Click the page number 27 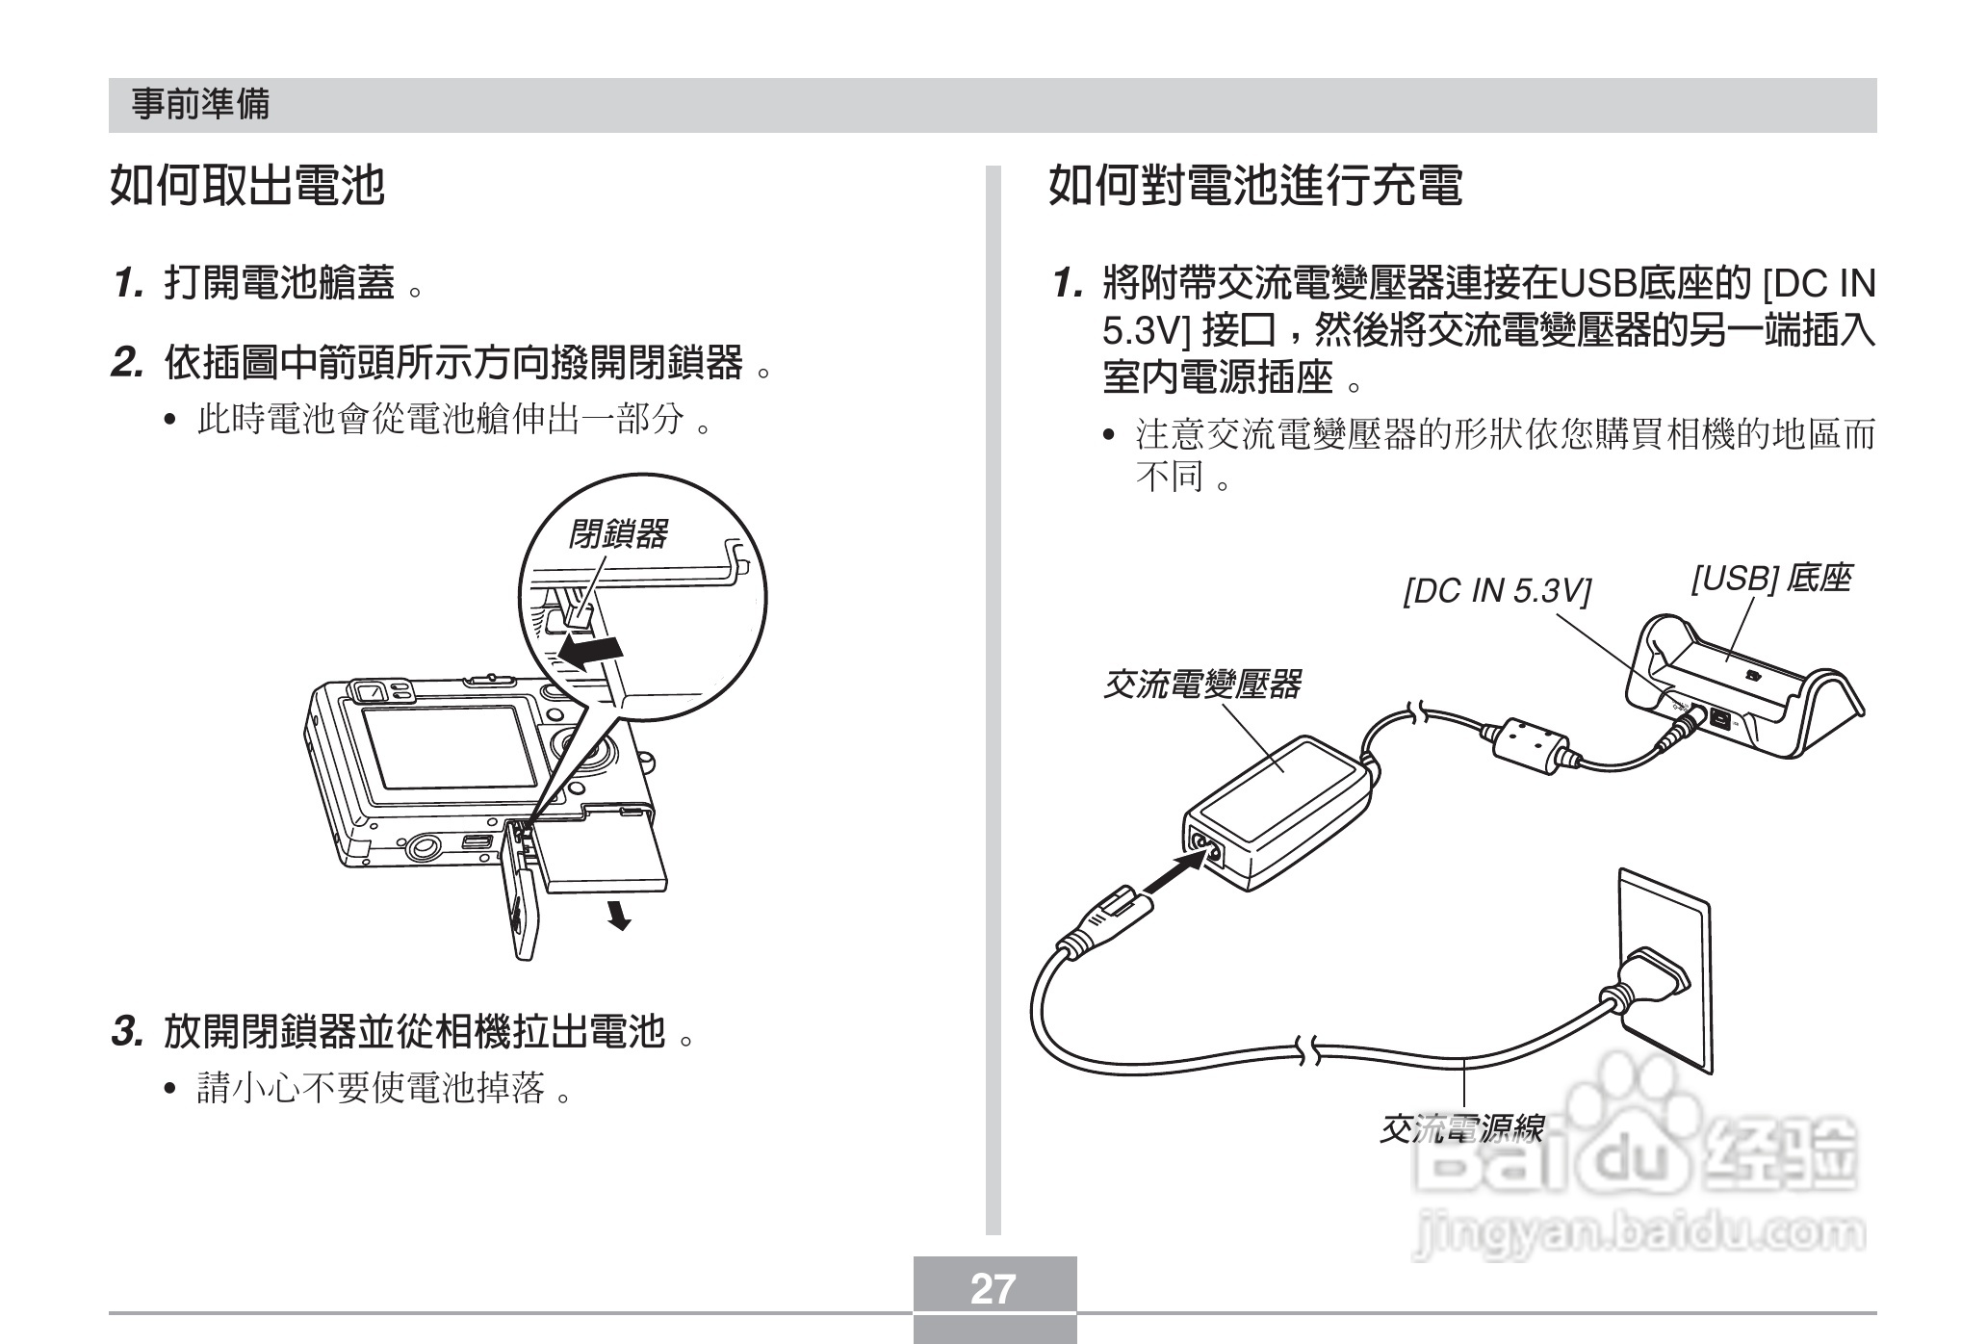click(993, 1288)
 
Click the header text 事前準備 click(200, 104)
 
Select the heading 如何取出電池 click(247, 185)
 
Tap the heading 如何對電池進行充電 click(1254, 185)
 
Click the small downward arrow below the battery click(619, 916)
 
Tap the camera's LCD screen click(449, 745)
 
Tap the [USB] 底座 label click(1769, 579)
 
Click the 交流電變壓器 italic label click(1200, 685)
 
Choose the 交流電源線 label click(1461, 1129)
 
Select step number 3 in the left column click(127, 1032)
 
